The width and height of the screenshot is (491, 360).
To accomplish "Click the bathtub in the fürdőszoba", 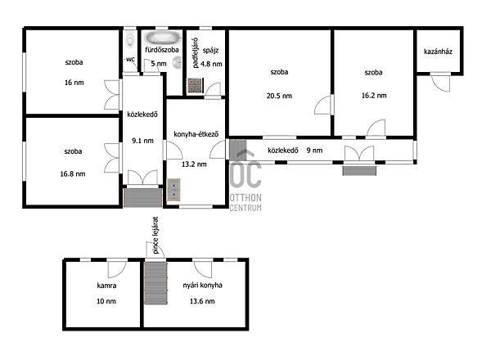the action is click(x=163, y=38).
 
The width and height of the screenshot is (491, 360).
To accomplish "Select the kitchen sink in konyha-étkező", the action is click(x=173, y=190).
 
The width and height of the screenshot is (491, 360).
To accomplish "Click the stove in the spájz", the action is click(x=195, y=85).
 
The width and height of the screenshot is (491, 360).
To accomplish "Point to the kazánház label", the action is click(x=438, y=52).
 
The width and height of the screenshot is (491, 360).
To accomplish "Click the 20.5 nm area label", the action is click(x=279, y=96).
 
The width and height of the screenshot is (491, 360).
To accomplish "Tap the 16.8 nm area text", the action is click(x=73, y=173).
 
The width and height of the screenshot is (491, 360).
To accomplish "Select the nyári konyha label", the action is click(x=203, y=286).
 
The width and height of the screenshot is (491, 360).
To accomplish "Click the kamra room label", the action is click(x=106, y=286).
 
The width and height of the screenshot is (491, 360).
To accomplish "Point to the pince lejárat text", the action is click(x=155, y=235).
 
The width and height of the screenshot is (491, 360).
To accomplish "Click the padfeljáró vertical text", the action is click(x=196, y=53).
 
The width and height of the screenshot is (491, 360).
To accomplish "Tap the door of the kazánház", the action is click(x=440, y=82).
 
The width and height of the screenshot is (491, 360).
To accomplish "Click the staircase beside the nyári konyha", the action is click(x=155, y=283).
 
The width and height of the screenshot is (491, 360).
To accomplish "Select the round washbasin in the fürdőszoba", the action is click(x=178, y=63).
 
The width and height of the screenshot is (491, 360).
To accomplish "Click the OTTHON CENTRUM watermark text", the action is click(x=245, y=203).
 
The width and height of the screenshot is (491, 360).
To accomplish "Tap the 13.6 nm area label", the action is click(x=202, y=301).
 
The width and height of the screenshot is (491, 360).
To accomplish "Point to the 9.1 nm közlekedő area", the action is click(x=142, y=141).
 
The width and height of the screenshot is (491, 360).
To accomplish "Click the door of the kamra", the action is click(x=117, y=268).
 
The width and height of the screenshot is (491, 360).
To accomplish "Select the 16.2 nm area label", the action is click(x=374, y=96).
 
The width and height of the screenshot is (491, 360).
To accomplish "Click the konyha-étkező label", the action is click(x=196, y=134).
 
